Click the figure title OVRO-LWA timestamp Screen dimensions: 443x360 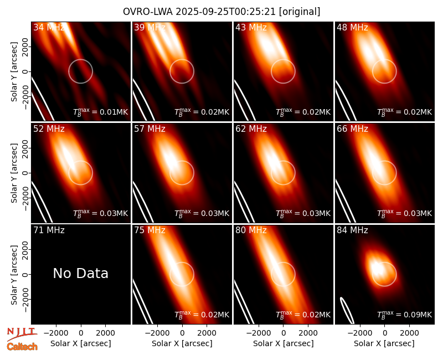pos(221,12)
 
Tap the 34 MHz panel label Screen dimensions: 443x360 pos(49,27)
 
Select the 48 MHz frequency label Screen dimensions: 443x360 pos(352,27)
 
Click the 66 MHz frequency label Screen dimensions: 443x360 pos(352,129)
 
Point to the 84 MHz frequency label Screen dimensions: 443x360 pos(352,230)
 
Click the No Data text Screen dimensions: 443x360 pos(80,274)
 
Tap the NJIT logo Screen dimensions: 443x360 pos(22,333)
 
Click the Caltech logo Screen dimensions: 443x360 pos(22,347)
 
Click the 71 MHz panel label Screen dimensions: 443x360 pos(49,230)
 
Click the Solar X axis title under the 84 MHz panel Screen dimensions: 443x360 pos(384,343)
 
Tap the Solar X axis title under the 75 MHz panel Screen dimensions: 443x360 pos(182,343)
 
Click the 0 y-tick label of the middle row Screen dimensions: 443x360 pos(25,173)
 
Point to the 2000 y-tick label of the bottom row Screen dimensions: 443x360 pos(25,250)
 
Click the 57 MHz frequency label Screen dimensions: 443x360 pos(150,129)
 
